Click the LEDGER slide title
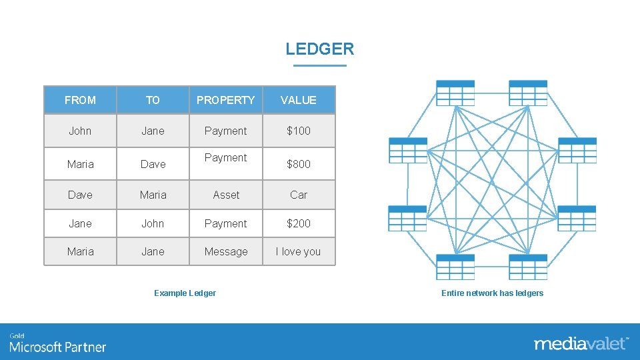tap(319, 49)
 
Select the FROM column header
tap(80, 100)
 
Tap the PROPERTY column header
tap(225, 100)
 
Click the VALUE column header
tap(298, 100)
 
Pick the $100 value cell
tap(298, 131)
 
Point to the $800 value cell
tap(298, 163)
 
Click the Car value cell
tap(298, 195)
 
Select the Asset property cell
tap(225, 195)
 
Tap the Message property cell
tap(225, 251)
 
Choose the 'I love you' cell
tap(298, 251)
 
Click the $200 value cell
tap(298, 223)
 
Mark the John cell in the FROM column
tap(80, 131)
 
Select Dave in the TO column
tap(153, 163)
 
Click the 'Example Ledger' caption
tap(185, 293)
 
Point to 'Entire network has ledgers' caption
tap(492, 293)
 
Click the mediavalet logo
tap(580, 343)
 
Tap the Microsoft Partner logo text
tap(57, 347)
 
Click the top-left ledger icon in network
tap(455, 93)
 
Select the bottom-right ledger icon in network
tap(528, 267)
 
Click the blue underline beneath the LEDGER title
tap(319, 65)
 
